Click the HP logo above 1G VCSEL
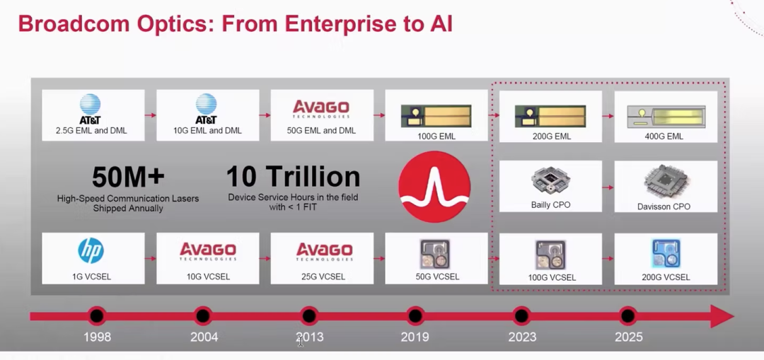click(91, 251)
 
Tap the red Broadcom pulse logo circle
click(434, 187)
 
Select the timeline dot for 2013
click(309, 316)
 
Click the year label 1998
click(97, 337)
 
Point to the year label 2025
click(629, 337)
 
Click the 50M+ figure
click(128, 177)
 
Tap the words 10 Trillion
click(294, 177)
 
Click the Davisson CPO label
click(664, 207)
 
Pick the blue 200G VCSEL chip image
click(666, 254)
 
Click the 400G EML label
click(664, 137)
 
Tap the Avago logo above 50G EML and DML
click(321, 109)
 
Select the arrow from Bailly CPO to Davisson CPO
click(608, 187)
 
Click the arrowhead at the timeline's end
click(722, 316)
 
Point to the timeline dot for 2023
click(521, 316)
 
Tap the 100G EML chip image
click(436, 117)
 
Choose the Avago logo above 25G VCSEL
click(324, 251)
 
